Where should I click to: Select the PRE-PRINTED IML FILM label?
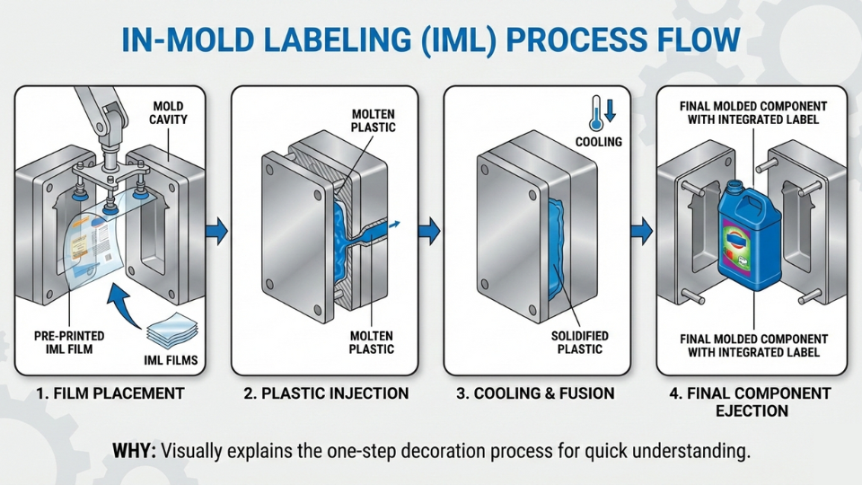coord(69,342)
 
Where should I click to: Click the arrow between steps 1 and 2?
coord(218,231)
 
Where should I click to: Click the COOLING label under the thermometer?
coord(599,142)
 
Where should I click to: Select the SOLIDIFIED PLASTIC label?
coord(578,342)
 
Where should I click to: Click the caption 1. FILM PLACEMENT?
coord(110,393)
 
